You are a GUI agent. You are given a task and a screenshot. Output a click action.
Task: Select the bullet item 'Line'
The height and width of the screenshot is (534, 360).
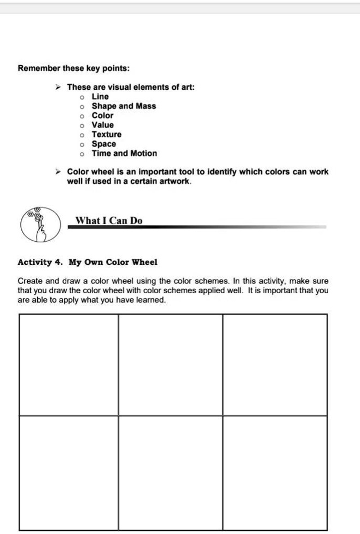click(x=100, y=96)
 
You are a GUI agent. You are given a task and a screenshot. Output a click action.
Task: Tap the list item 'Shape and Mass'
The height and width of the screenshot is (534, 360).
click(x=124, y=106)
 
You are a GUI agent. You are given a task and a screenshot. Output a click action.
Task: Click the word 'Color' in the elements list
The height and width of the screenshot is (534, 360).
click(x=102, y=115)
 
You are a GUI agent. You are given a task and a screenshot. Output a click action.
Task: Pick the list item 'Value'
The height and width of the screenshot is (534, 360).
click(x=102, y=125)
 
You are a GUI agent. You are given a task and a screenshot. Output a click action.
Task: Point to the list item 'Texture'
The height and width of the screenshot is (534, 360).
click(x=107, y=134)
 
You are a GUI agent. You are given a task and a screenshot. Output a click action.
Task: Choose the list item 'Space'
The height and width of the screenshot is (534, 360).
click(x=104, y=144)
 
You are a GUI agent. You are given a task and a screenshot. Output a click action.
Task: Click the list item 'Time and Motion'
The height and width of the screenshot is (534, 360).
click(x=124, y=153)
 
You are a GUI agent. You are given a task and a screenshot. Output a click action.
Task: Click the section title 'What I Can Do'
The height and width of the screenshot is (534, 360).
click(x=109, y=220)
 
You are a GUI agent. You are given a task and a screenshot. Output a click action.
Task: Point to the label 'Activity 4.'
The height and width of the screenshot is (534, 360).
click(x=39, y=262)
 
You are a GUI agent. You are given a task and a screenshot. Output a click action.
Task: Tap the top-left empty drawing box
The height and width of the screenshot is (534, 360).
click(x=68, y=364)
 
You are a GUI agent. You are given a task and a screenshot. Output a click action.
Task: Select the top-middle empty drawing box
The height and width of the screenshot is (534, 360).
click(x=170, y=364)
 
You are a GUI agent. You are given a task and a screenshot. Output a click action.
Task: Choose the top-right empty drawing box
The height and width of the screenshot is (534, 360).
click(x=275, y=364)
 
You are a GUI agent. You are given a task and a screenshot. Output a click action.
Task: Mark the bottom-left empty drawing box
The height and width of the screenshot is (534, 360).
click(x=68, y=472)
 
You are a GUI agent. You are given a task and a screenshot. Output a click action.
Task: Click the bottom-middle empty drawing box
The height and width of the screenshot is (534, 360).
click(x=170, y=472)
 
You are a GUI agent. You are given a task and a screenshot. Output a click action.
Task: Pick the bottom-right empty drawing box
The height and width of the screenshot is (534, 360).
click(x=275, y=472)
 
